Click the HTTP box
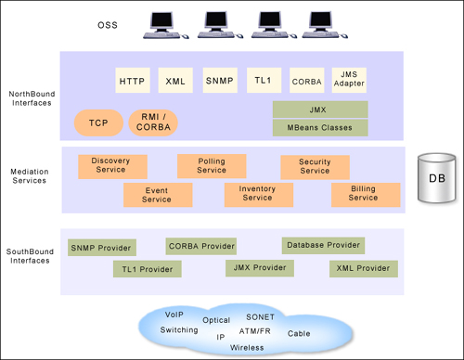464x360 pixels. point(134,82)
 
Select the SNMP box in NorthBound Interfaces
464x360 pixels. point(220,82)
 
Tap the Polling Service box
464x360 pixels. point(212,166)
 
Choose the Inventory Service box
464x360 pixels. point(257,193)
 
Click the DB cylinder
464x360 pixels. point(435,179)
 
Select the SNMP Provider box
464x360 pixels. point(102,248)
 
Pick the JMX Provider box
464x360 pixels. point(259,267)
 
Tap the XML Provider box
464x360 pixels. point(363,268)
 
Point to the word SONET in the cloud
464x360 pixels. point(260,317)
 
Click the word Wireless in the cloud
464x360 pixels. point(247,347)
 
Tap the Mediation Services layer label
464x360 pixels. point(27,175)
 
